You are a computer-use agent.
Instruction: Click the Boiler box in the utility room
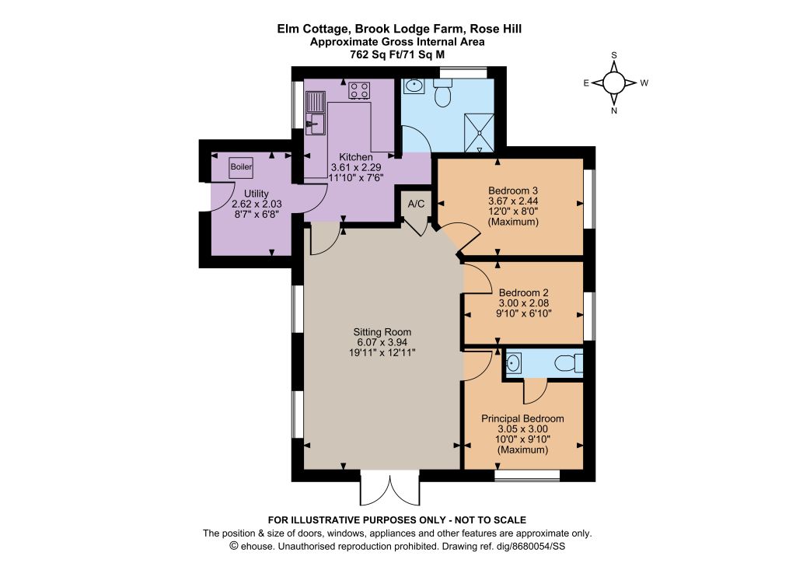pyautogui.click(x=241, y=166)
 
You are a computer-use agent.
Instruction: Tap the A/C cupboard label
pyautogui.click(x=417, y=204)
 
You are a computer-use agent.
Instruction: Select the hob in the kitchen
pyautogui.click(x=359, y=91)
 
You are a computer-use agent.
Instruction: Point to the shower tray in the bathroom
pyautogui.click(x=479, y=132)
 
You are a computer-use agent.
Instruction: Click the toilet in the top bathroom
pyautogui.click(x=443, y=93)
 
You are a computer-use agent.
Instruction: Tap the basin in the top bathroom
pyautogui.click(x=414, y=86)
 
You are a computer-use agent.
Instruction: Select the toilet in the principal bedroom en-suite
pyautogui.click(x=568, y=363)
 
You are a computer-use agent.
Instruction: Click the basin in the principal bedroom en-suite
pyautogui.click(x=513, y=363)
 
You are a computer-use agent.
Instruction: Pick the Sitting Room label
pyautogui.click(x=382, y=332)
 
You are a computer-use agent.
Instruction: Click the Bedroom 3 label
pyautogui.click(x=513, y=191)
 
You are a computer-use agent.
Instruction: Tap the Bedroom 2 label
pyautogui.click(x=523, y=293)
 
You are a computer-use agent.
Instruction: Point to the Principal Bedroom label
pyautogui.click(x=522, y=419)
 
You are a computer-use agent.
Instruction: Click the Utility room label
pyautogui.click(x=257, y=194)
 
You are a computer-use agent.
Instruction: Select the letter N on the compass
pyautogui.click(x=614, y=110)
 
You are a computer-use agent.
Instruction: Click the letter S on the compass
pyautogui.click(x=614, y=55)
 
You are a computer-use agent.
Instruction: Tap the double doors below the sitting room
pyautogui.click(x=390, y=488)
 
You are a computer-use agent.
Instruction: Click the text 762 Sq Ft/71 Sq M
pyautogui.click(x=397, y=55)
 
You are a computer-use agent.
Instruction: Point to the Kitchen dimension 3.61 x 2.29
pyautogui.click(x=356, y=167)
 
